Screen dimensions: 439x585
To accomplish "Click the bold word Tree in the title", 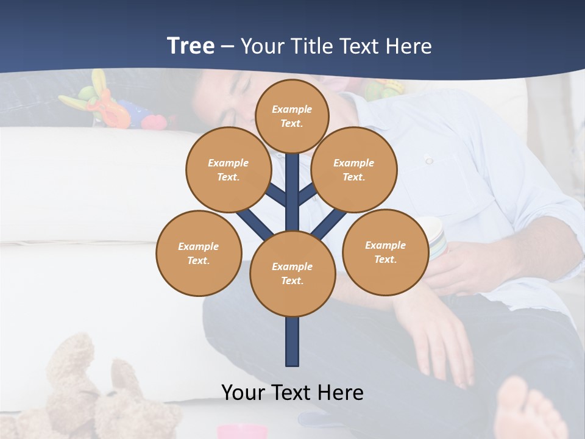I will click(190, 46).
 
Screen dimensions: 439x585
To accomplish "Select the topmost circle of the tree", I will click(292, 116).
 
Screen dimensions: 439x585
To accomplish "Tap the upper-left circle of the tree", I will click(228, 170).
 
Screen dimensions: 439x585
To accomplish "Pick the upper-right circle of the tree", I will click(353, 170).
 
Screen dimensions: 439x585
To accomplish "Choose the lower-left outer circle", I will click(199, 253).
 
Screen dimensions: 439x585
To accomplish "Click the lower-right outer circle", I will click(385, 252).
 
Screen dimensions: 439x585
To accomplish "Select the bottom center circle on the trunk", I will click(292, 274).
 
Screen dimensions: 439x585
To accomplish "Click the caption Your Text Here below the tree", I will click(292, 393).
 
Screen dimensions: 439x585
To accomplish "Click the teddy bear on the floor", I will click(91, 390).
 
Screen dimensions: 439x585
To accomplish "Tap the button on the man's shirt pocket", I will click(429, 160).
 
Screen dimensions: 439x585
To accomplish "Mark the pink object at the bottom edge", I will click(242, 432).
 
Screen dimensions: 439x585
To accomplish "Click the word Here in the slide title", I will click(409, 46).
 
